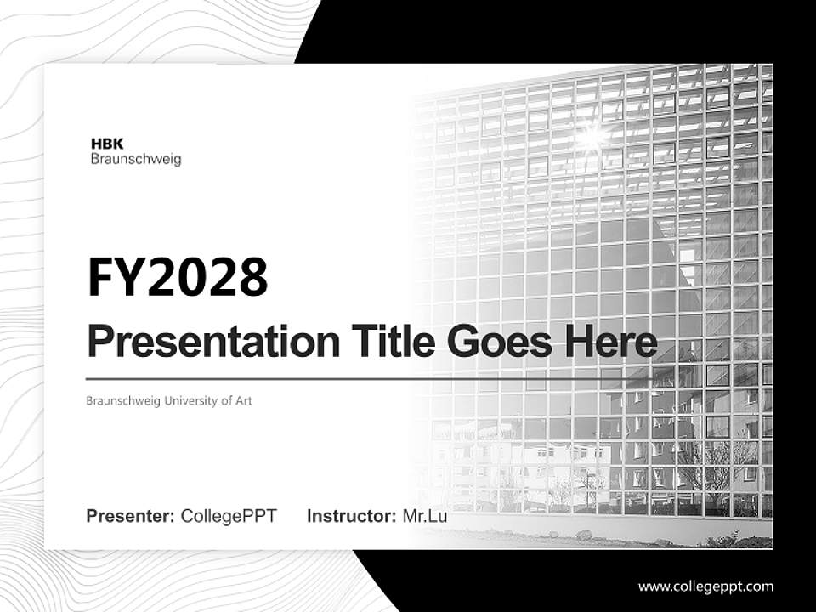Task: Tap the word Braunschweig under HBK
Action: point(135,159)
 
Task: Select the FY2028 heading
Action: point(178,277)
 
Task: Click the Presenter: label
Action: point(131,516)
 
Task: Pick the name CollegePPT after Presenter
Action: point(229,516)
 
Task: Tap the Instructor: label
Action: point(351,516)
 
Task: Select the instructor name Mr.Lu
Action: point(425,516)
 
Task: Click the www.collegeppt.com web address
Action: point(705,586)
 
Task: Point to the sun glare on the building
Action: point(592,133)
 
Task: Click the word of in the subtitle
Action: point(225,400)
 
